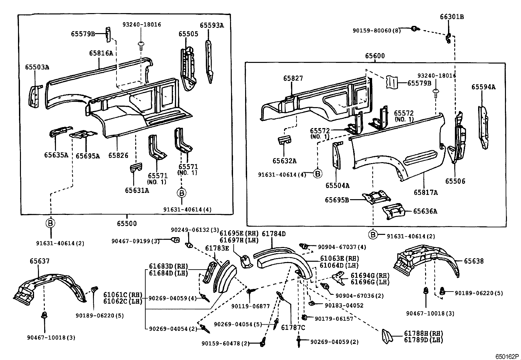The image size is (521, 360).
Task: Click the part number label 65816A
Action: pyautogui.click(x=101, y=53)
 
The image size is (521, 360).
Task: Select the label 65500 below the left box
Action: pyautogui.click(x=127, y=224)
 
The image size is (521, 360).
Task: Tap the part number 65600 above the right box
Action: pyautogui.click(x=375, y=56)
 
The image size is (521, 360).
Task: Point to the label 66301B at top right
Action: pyautogui.click(x=452, y=17)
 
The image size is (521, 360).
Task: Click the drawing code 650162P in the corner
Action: pyautogui.click(x=507, y=356)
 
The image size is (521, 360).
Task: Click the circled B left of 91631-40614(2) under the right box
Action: pyautogui.click(x=373, y=235)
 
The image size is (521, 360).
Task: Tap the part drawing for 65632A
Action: pyautogui.click(x=285, y=140)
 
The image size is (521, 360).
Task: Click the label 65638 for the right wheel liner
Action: pyautogui.click(x=474, y=261)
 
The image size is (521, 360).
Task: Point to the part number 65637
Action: pyautogui.click(x=40, y=261)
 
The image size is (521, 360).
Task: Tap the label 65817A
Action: pyautogui.click(x=425, y=193)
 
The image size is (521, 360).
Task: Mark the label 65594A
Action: pyautogui.click(x=483, y=87)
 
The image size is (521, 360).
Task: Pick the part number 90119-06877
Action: pyautogui.click(x=250, y=306)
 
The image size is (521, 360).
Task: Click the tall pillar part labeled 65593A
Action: pyautogui.click(x=208, y=61)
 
